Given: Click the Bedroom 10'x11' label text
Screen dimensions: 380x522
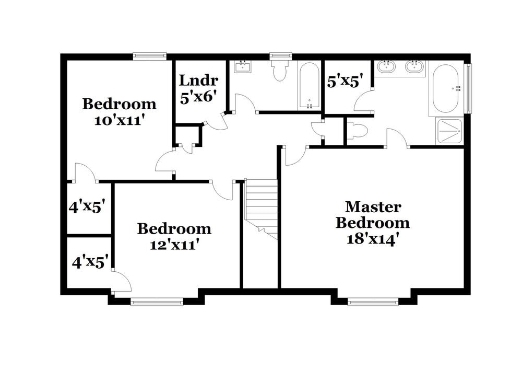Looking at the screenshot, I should (119, 111).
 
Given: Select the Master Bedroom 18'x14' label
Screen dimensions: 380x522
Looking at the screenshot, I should (372, 222).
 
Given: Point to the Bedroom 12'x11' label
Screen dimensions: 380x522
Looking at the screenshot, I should (174, 236).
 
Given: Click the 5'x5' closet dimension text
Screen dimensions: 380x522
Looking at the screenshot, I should (342, 82).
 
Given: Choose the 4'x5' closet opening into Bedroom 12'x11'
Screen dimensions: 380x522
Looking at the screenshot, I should (90, 261).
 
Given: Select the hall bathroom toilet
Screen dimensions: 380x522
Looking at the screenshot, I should (280, 70).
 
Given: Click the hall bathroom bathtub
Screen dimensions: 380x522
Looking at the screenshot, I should (309, 86).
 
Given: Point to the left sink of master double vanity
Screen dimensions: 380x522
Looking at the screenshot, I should (386, 66).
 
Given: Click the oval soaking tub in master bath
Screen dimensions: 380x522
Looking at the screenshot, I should (445, 88).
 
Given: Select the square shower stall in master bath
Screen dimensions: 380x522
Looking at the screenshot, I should (449, 131).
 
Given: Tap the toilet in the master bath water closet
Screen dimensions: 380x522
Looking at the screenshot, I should (357, 131).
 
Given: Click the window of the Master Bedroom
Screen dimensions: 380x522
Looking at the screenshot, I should (373, 301).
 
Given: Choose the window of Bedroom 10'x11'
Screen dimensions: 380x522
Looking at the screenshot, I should (149, 55).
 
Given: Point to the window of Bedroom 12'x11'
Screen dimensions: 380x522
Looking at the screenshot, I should (157, 301).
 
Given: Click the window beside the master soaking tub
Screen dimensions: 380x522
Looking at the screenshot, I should (468, 88).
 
